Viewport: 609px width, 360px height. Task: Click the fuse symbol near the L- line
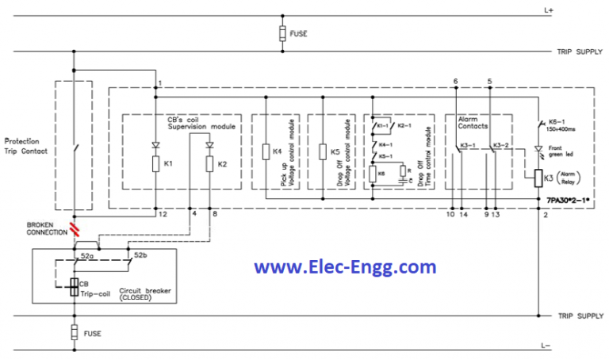[74, 332]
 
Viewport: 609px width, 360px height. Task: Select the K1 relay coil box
[155, 164]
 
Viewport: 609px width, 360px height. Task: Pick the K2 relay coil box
[210, 164]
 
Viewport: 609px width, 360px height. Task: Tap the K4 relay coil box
[265, 151]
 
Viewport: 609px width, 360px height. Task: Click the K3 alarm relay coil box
[540, 179]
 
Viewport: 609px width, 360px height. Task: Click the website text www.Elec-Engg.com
[345, 266]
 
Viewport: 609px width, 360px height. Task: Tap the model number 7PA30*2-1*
[568, 202]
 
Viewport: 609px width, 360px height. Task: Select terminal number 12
[161, 214]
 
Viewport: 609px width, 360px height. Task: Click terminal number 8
[215, 214]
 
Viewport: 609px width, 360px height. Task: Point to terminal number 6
[455, 82]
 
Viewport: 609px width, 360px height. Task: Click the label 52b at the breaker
[140, 256]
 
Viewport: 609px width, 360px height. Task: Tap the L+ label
[549, 10]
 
